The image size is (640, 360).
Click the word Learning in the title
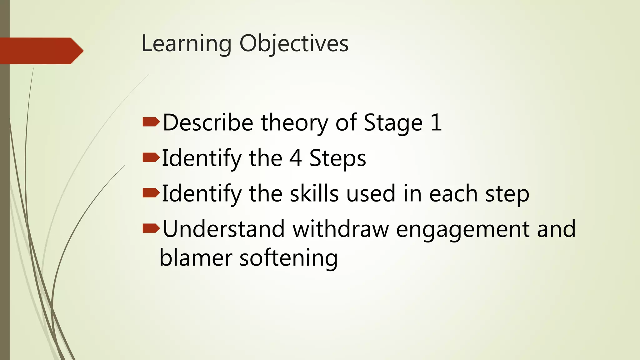pos(187,44)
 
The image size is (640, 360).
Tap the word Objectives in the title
pos(294,44)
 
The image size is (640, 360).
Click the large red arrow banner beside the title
pos(41,51)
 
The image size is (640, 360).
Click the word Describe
pos(208,122)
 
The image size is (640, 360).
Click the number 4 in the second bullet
pos(295,158)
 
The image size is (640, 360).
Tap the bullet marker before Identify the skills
pos(151,193)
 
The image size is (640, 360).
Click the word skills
pos(314,194)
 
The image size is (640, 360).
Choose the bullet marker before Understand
pos(151,228)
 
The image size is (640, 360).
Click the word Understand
pos(223,229)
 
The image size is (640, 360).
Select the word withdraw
pos(341,229)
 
